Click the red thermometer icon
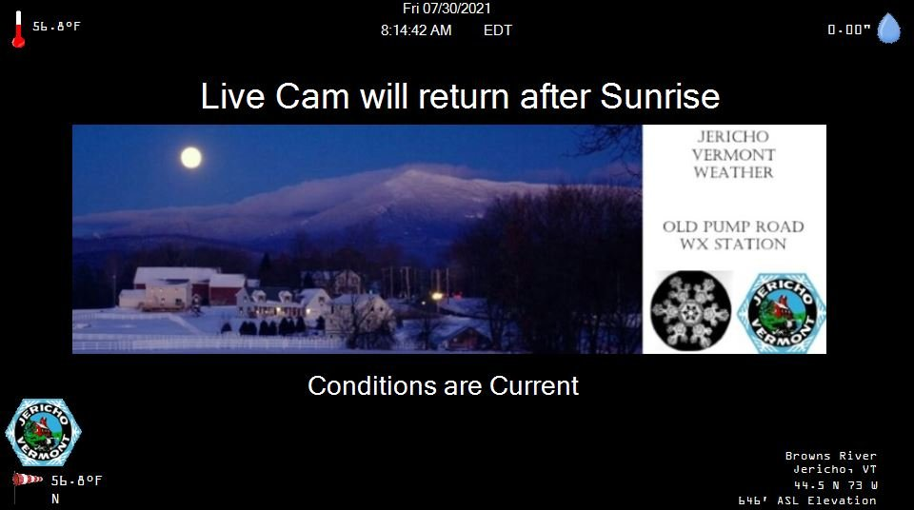19,29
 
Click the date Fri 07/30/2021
447,9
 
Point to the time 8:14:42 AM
416,30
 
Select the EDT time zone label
498,30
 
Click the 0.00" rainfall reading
848,29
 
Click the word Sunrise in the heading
660,96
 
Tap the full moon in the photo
191,157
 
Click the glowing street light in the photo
437,296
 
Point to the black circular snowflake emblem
691,311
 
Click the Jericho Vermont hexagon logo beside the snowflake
781,313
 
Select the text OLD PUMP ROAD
733,226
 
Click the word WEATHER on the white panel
733,172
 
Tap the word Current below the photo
534,386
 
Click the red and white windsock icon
27,481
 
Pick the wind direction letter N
55,499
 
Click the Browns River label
830,456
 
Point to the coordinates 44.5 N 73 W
836,485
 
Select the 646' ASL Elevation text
807,500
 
